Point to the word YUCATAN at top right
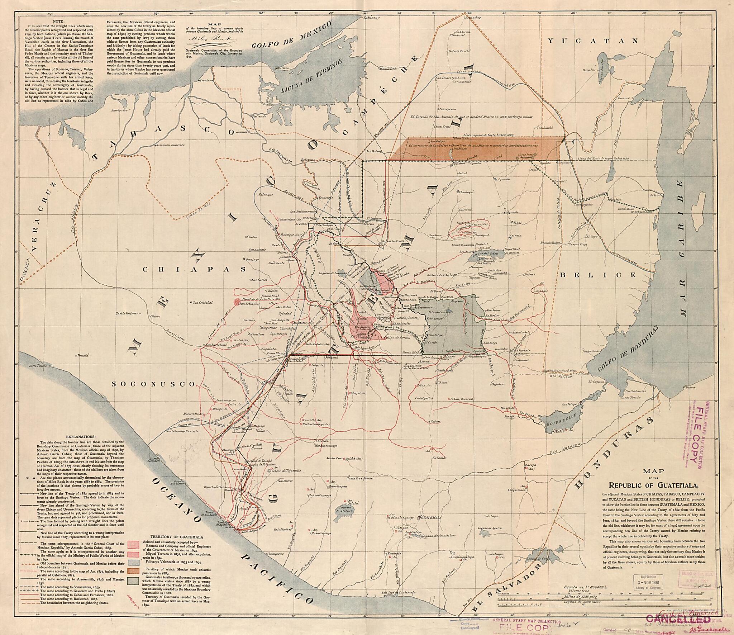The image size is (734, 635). [593, 41]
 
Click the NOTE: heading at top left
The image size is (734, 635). [58, 22]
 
